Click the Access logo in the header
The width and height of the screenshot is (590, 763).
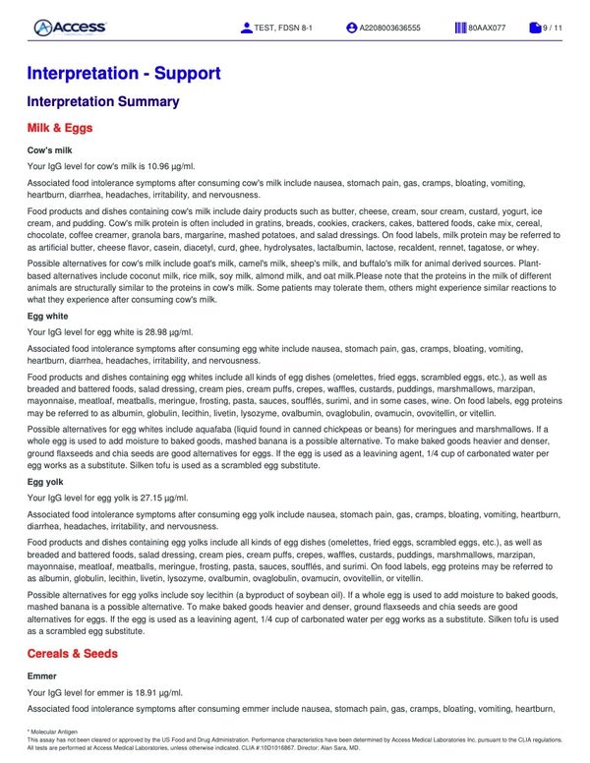[x=70, y=28]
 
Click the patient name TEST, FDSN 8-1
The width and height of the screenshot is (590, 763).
[x=285, y=28]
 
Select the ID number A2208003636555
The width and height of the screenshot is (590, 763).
[x=389, y=28]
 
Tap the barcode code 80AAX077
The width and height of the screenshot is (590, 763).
[x=487, y=28]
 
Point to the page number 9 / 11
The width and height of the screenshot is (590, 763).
[x=553, y=28]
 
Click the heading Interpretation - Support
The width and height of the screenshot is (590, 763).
[x=124, y=74]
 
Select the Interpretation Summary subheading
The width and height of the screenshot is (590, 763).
[x=102, y=102]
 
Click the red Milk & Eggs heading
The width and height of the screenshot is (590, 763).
[x=74, y=128]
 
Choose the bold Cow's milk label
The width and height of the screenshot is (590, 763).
[x=51, y=149]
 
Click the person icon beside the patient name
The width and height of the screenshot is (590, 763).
[x=246, y=28]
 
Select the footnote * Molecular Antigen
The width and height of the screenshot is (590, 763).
[x=53, y=732]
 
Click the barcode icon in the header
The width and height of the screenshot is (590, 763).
[x=460, y=28]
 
